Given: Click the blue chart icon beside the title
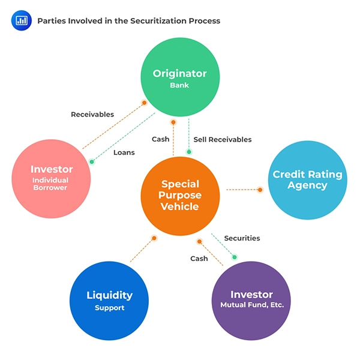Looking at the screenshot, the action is [22, 20].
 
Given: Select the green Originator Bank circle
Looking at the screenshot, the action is [180, 77].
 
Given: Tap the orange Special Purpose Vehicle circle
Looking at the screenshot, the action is [180, 196].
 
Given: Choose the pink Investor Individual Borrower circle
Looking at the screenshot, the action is [51, 179].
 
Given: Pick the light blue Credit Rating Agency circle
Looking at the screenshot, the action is [308, 180].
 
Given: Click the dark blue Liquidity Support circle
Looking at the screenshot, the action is [109, 301].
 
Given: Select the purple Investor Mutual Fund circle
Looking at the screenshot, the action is [251, 301].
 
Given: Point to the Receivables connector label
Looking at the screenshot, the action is [92, 115].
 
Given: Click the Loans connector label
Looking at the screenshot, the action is [124, 152].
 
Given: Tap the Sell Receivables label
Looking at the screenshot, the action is [223, 139].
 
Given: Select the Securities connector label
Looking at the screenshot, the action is [242, 238].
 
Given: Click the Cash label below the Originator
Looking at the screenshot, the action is [160, 139].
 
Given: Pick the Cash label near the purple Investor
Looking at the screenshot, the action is [199, 259].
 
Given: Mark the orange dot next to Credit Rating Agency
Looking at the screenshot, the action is [260, 190].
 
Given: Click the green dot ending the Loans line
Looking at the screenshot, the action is [92, 162].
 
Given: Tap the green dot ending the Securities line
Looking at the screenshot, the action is [235, 257].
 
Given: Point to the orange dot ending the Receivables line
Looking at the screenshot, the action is [144, 103].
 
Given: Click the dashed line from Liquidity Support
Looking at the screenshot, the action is [142, 250].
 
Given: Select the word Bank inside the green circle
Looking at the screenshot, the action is [179, 85].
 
